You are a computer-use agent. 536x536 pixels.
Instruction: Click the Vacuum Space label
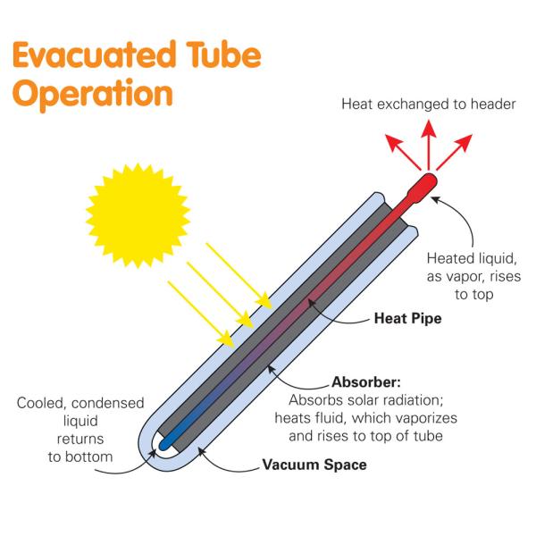pos(314,465)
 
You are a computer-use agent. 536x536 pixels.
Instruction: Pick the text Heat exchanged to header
pos(429,105)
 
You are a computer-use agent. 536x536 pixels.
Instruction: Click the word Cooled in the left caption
pos(40,403)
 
